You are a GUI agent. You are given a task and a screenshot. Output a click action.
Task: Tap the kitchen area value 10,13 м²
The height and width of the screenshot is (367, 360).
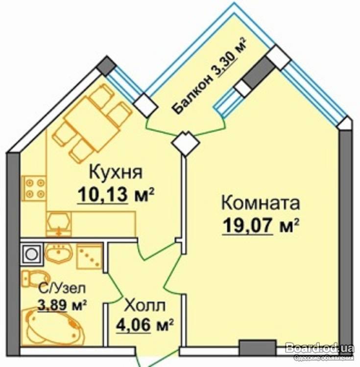click(116, 195)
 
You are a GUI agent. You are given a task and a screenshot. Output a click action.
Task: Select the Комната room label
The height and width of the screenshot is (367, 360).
click(261, 203)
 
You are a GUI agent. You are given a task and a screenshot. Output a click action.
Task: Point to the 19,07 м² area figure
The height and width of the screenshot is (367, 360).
click(261, 225)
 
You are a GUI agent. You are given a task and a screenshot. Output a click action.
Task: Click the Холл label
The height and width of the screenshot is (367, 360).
click(144, 305)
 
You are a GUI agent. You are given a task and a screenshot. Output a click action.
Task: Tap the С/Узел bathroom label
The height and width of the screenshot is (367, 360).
click(62, 289)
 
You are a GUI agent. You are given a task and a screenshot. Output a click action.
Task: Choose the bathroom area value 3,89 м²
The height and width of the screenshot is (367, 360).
click(62, 305)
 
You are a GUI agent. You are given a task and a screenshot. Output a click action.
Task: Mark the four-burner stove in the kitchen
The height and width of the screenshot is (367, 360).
click(34, 188)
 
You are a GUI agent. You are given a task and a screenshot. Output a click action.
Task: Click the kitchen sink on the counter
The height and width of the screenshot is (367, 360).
click(59, 224)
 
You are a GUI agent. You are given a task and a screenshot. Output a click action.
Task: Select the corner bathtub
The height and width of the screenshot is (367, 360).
click(53, 325)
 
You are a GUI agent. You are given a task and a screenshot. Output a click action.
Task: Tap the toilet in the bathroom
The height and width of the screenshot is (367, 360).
click(36, 278)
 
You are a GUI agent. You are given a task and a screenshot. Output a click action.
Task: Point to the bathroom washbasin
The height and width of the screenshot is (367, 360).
click(59, 253)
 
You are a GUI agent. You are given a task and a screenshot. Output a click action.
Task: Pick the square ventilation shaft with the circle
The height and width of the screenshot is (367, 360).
click(32, 254)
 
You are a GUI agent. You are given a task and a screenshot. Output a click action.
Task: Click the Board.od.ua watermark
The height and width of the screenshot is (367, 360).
click(320, 348)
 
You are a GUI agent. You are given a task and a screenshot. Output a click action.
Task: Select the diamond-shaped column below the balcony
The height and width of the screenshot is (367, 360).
click(186, 142)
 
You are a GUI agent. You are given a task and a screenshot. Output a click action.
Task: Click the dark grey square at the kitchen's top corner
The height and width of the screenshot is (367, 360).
click(107, 66)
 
